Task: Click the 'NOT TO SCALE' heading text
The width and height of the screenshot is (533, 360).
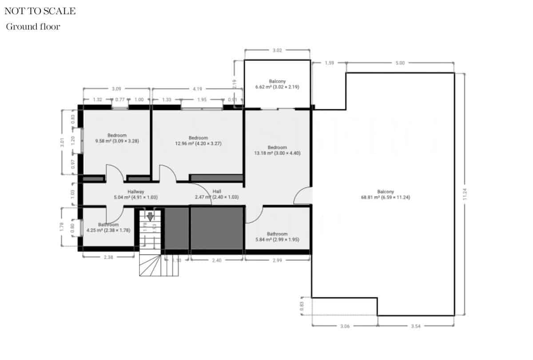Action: (x=40, y=12)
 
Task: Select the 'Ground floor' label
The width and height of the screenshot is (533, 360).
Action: (x=33, y=27)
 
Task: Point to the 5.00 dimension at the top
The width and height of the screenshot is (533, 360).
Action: (x=400, y=63)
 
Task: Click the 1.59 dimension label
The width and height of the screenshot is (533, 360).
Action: (x=329, y=63)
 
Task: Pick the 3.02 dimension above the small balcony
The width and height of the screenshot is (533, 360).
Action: (x=277, y=51)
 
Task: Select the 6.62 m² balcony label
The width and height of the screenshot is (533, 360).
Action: (x=277, y=84)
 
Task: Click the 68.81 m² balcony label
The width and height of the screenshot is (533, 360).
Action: (x=385, y=195)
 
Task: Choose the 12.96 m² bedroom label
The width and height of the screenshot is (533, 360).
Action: (x=198, y=140)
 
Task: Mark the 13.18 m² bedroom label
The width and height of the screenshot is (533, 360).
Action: (x=277, y=150)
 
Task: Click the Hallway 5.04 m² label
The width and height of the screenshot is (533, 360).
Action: (x=136, y=194)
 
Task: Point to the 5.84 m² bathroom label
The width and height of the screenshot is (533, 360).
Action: (x=277, y=236)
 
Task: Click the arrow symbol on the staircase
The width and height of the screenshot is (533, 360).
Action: (x=150, y=216)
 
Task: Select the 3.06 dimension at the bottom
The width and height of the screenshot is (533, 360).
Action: (x=345, y=326)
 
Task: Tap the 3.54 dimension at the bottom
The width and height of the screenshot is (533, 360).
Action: (x=416, y=326)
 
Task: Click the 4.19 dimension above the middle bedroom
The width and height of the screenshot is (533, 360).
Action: (x=197, y=89)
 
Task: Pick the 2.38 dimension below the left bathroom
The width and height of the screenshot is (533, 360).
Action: (x=108, y=256)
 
